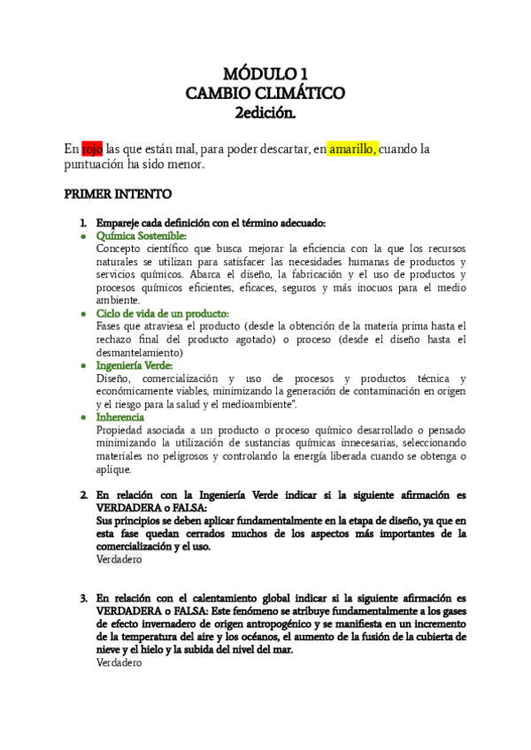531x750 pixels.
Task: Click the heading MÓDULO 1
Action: (265, 73)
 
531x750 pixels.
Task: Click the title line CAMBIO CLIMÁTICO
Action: (265, 93)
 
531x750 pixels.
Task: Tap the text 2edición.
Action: (265, 112)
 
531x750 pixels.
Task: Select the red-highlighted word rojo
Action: (92, 149)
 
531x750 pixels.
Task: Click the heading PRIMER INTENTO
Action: (119, 194)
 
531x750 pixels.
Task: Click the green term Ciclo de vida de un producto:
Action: (163, 313)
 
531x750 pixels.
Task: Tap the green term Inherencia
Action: (121, 417)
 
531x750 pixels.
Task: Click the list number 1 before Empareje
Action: (83, 223)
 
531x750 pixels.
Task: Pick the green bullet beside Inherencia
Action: (83, 417)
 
